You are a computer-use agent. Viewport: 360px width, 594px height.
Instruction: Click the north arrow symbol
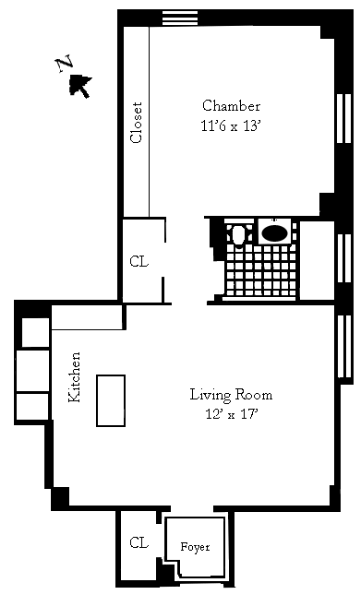coord(80,86)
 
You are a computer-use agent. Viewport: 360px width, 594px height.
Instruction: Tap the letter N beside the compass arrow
coord(64,64)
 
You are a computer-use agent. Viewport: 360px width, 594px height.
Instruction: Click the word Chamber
coord(231,106)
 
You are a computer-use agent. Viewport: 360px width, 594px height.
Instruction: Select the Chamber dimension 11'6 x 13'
coord(231,125)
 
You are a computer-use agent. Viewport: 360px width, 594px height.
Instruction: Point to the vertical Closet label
coord(136,122)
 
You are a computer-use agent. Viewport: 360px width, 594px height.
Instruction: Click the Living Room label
coord(231,395)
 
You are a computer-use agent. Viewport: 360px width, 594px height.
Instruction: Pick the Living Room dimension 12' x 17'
coord(232,415)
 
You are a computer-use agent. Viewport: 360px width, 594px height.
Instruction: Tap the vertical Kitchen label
coord(74,377)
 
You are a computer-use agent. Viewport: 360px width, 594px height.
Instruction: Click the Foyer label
coord(195,547)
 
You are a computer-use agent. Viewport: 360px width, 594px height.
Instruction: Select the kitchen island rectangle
coord(111,401)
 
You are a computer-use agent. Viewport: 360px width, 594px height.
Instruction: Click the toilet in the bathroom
coord(238,235)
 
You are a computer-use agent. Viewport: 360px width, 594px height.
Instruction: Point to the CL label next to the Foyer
coord(138,543)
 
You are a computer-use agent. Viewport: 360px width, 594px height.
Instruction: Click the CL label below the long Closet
coord(139,262)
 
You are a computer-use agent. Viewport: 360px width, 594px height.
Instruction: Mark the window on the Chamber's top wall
coord(180,18)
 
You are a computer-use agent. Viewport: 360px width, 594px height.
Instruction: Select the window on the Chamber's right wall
coord(344,119)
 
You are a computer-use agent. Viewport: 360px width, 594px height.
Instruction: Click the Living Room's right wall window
coord(344,347)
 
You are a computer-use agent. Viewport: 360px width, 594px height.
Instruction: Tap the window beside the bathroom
coord(344,258)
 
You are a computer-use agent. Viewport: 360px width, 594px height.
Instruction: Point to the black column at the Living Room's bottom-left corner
coord(60,498)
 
